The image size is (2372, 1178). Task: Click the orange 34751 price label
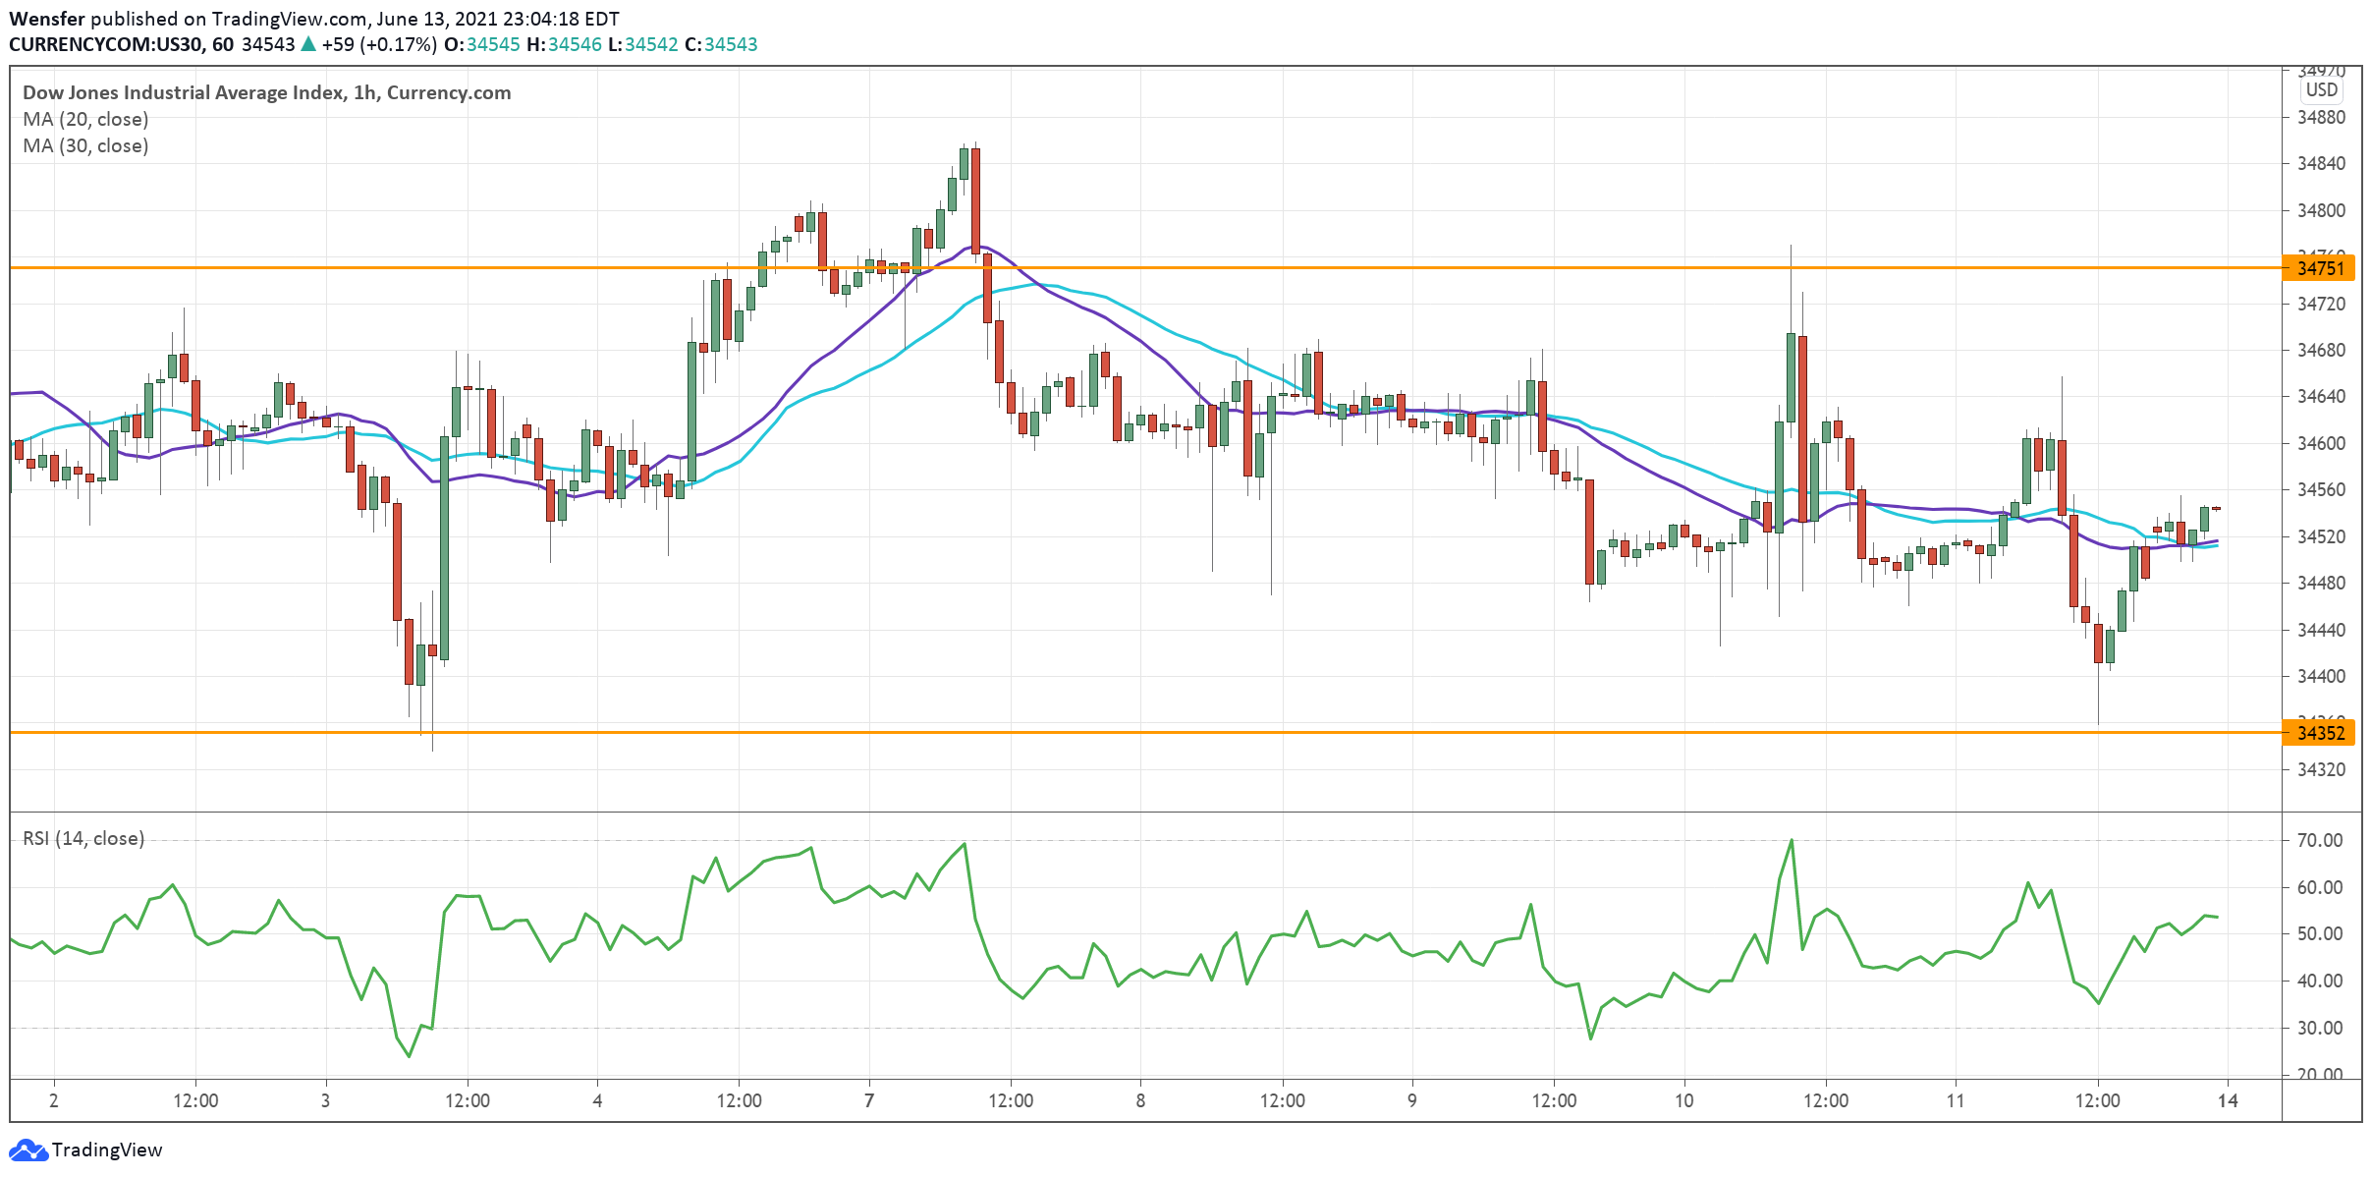[x=2321, y=268]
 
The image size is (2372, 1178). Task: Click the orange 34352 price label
[x=2321, y=733]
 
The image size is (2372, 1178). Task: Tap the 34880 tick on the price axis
[x=2321, y=117]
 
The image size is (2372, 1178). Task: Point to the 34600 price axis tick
[x=2321, y=443]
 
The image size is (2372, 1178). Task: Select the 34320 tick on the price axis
[x=2321, y=769]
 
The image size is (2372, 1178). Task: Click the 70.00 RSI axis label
[x=2320, y=840]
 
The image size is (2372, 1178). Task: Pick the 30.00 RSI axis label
[x=2320, y=1028]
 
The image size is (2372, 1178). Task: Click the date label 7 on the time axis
[x=869, y=1100]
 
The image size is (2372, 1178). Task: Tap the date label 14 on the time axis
[x=2228, y=1100]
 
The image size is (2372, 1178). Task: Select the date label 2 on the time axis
[x=54, y=1100]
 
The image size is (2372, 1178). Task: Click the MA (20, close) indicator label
[x=85, y=119]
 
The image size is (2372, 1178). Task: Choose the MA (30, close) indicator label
[x=85, y=145]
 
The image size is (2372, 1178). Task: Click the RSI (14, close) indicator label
[x=83, y=838]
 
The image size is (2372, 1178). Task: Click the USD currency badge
[x=2322, y=89]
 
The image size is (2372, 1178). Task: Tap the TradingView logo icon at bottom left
[x=28, y=1150]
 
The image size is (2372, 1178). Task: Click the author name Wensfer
[x=47, y=19]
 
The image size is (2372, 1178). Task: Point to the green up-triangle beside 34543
[x=308, y=44]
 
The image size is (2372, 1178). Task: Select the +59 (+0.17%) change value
[x=379, y=44]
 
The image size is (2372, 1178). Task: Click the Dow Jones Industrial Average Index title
[x=184, y=92]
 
